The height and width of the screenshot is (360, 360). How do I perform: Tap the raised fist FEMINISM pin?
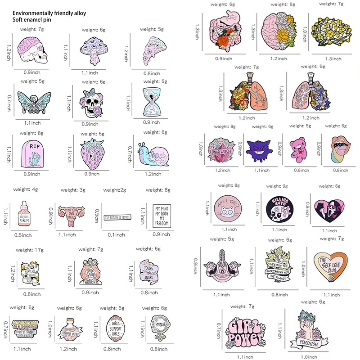pos(307,333)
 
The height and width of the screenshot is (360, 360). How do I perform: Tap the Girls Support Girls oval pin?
pos(109,331)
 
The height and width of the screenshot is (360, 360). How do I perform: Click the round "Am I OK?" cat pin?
pos(225,207)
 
